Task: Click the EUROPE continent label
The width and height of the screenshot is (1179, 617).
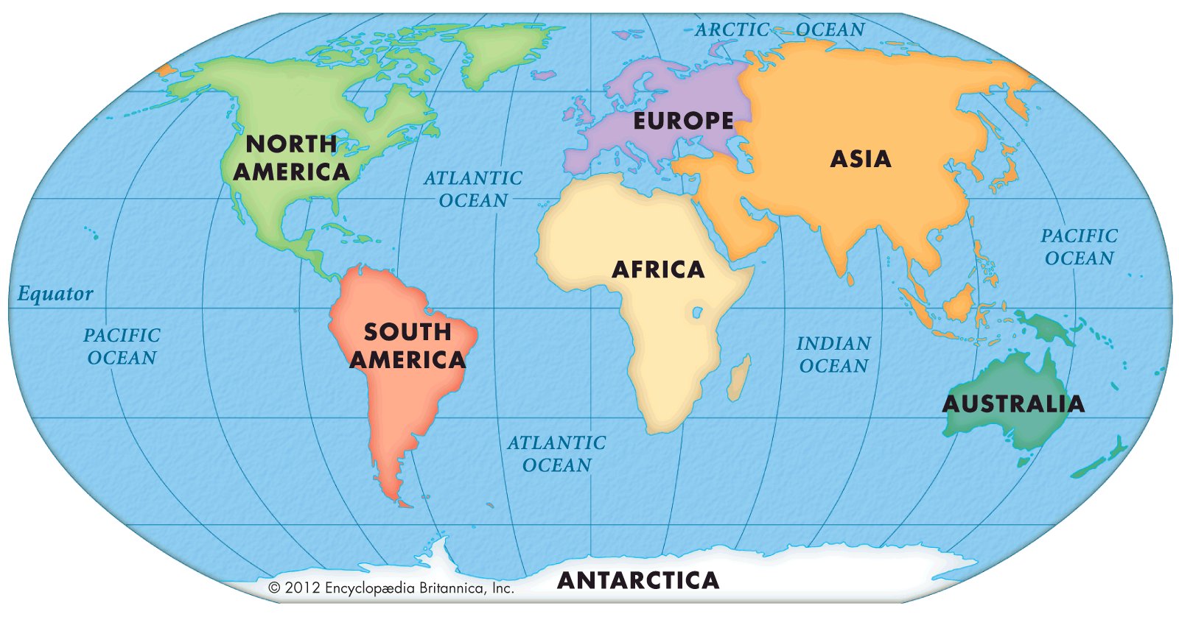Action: (683, 121)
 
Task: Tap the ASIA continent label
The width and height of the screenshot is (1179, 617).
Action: (861, 159)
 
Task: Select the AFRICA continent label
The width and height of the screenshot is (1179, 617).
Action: (658, 269)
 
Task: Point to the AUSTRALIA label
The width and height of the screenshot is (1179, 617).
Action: (1013, 403)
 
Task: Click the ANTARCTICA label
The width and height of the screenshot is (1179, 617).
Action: (638, 580)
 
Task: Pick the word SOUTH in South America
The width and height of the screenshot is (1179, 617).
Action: (407, 332)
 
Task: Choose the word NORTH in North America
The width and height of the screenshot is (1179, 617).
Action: (291, 144)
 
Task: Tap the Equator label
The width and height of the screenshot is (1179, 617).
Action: (55, 295)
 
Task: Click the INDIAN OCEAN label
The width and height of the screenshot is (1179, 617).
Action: (833, 354)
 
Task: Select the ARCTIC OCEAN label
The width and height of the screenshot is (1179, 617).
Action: (780, 29)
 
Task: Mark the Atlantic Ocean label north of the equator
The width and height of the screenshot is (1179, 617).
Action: (473, 188)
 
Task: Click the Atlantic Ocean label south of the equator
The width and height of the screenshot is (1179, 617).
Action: (556, 454)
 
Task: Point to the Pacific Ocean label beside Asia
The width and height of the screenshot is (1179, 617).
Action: (1079, 247)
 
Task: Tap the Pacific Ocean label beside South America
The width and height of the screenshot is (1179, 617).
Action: (122, 346)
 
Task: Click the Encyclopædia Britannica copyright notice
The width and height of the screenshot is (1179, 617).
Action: (391, 588)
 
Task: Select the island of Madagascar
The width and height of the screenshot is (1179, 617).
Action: (739, 377)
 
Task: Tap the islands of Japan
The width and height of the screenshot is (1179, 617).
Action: (1004, 173)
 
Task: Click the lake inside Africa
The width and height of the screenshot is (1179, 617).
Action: (697, 313)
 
